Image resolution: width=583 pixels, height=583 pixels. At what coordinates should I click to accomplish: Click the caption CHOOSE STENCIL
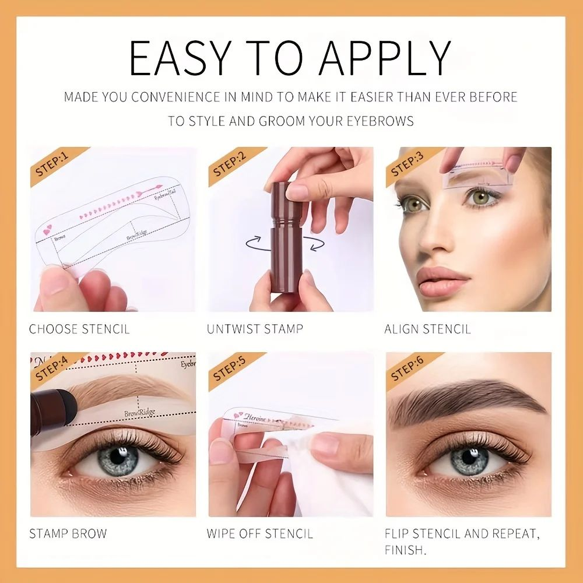pos(79,329)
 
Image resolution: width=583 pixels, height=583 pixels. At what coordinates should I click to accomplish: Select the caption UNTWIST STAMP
pos(255,329)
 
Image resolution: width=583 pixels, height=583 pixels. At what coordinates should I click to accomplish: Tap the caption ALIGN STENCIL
pos(427,329)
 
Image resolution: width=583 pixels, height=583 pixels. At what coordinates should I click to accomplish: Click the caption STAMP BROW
pos(68,533)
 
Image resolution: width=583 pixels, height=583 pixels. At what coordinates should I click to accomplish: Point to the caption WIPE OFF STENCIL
pos(259,533)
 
